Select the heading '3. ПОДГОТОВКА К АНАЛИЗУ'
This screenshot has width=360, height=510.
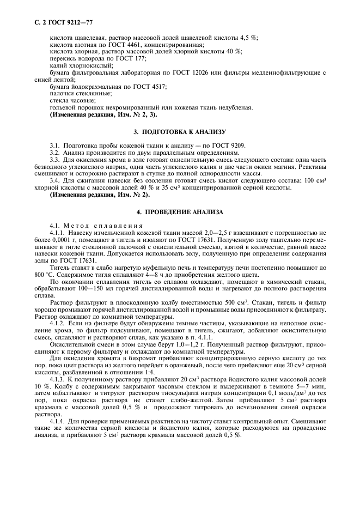point(180,132)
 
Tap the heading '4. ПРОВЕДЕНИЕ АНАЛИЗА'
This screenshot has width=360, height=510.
point(180,211)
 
